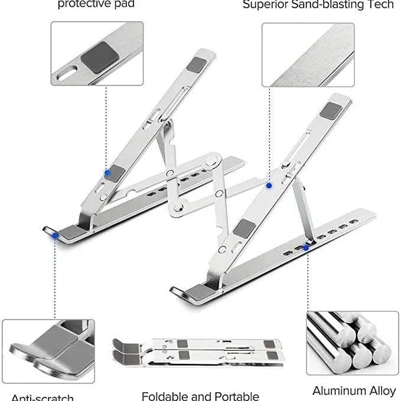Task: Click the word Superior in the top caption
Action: [263, 5]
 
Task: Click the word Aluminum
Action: [338, 390]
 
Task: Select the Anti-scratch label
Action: [42, 397]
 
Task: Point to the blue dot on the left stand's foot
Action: [55, 235]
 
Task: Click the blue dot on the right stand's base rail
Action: [305, 248]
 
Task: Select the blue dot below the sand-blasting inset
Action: [269, 185]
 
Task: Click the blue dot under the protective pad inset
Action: [107, 174]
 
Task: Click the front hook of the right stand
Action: [183, 293]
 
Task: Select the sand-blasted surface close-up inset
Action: [308, 54]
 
